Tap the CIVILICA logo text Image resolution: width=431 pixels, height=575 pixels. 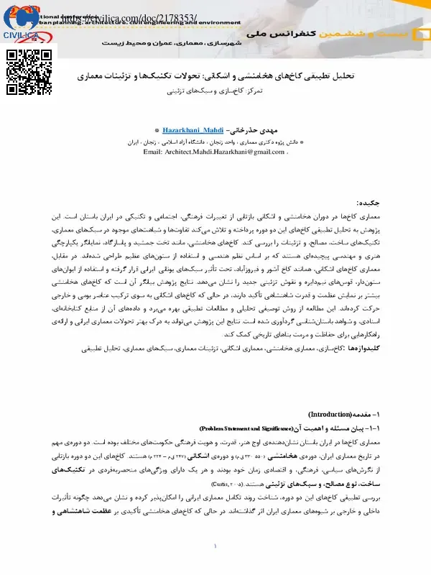[x=22, y=34]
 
